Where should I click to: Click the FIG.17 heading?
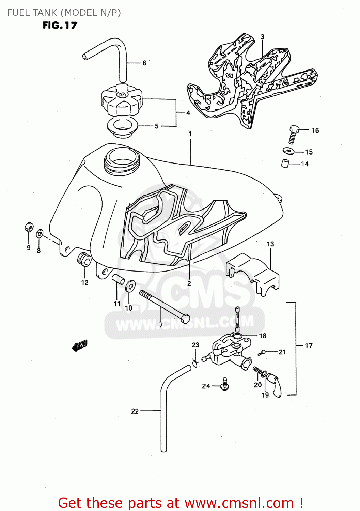click(x=60, y=26)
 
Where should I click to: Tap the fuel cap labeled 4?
click(x=121, y=100)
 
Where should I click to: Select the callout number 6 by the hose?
click(x=144, y=63)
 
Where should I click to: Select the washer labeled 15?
click(x=289, y=150)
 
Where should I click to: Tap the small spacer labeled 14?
click(x=285, y=164)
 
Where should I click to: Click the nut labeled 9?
click(x=29, y=227)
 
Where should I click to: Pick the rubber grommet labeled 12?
click(x=84, y=261)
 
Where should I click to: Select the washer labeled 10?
click(x=130, y=286)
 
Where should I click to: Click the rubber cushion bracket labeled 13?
click(x=252, y=273)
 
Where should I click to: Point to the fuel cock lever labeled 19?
click(x=275, y=384)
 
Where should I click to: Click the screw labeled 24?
click(x=224, y=384)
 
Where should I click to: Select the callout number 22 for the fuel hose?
click(x=135, y=412)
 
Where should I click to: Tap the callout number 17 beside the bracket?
click(x=309, y=346)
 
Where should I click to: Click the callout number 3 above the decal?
click(x=262, y=37)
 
